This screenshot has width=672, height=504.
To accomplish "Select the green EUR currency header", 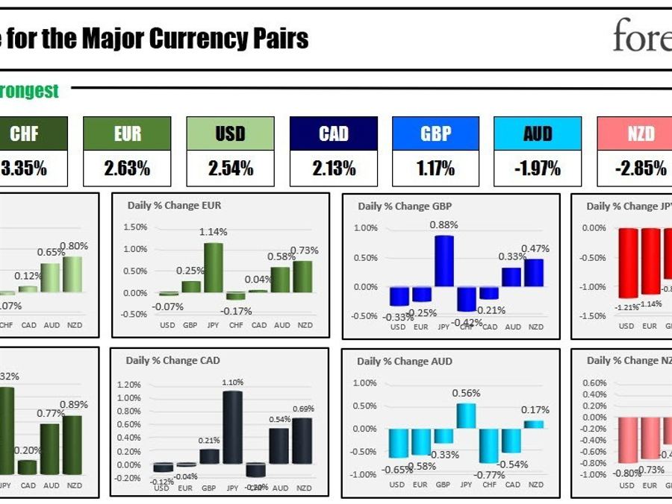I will click(128, 133).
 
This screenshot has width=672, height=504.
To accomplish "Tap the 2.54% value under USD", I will click(230, 168).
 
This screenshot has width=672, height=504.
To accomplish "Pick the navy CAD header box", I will click(334, 133).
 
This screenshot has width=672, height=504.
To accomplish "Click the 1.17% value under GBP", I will click(436, 168).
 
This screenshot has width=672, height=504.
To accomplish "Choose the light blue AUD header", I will click(538, 133).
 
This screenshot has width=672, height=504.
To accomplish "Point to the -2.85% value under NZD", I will click(640, 168).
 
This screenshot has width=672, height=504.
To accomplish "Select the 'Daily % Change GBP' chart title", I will click(405, 207).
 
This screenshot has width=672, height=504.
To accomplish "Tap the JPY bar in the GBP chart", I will click(444, 261).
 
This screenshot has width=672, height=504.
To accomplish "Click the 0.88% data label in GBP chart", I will click(444, 224).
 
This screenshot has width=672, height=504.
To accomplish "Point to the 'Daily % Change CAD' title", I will click(173, 361).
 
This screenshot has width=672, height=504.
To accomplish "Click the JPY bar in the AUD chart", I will click(466, 415).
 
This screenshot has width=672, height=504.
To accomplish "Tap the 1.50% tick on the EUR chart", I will click(134, 227).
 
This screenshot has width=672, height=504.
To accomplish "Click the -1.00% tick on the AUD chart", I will click(364, 475).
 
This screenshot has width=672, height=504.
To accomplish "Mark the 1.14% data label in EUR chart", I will click(214, 232).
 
